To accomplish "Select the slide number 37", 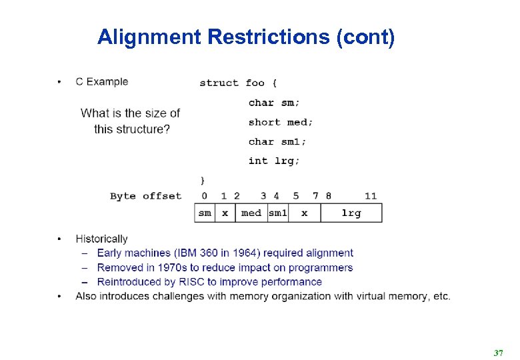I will coord(497,351).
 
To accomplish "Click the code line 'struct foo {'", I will coord(238,83).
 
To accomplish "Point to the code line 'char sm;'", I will coord(274,103).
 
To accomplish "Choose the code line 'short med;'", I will coord(281,122).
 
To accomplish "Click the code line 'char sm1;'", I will coord(277,141).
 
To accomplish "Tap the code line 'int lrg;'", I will coord(274,161).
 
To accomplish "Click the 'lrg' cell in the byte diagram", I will coord(351,213).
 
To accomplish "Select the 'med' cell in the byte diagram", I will coord(251,213).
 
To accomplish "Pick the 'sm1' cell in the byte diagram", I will coord(277,213).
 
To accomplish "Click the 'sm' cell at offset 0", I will coord(205,213).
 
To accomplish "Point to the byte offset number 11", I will coord(371,196).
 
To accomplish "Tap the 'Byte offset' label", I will coord(145,196).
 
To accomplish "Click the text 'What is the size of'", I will coord(131,113).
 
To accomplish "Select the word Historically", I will coord(101,239).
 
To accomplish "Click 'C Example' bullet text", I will coord(101,81).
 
